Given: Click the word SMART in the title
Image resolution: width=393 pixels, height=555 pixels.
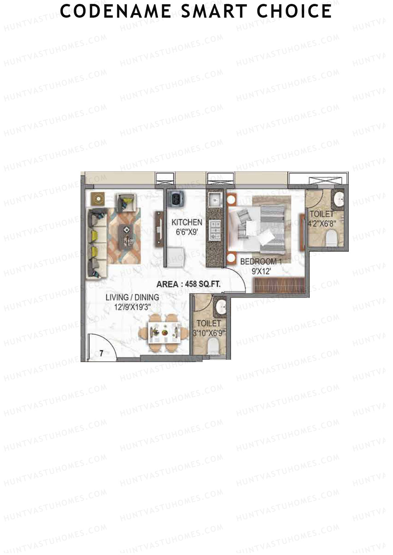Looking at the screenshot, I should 214,11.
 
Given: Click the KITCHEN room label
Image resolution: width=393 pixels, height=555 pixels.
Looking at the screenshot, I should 187,222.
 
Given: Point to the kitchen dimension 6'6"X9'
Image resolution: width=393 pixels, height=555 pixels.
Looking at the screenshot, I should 187,233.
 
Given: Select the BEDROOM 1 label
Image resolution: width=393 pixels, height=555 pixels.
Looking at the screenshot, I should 261,262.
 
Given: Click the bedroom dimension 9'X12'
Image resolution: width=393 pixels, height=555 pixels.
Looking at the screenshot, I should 261,271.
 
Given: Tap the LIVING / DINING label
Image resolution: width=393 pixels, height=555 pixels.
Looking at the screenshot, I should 132,297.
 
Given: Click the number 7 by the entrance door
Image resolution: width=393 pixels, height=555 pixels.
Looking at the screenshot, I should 102,353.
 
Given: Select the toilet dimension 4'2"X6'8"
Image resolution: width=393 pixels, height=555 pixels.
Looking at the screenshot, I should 322,224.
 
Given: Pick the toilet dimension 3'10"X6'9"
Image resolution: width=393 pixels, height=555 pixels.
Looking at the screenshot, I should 209,334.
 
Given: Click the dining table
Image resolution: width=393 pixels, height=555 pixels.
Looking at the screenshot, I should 164,333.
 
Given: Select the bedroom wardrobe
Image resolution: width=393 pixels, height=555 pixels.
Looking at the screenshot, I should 279,285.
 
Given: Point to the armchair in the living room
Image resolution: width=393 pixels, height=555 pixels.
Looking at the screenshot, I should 125,203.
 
